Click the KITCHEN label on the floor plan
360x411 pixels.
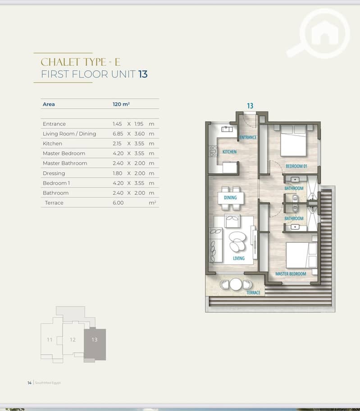(x=229, y=152)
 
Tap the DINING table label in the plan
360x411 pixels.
(x=230, y=198)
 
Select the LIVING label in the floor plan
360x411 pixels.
(x=239, y=258)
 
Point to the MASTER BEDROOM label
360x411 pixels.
(x=291, y=274)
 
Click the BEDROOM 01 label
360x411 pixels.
(x=296, y=166)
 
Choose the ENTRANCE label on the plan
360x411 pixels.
(x=248, y=137)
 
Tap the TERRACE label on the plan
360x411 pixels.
(x=253, y=292)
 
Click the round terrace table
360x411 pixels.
(x=236, y=284)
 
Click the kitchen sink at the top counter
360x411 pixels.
(x=227, y=129)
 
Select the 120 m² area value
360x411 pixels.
(x=121, y=104)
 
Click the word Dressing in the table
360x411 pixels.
(x=54, y=173)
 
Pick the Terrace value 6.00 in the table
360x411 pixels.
(x=118, y=203)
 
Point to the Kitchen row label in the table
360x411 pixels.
(x=52, y=143)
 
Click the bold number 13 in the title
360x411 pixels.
(x=143, y=74)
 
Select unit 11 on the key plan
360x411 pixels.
(x=50, y=340)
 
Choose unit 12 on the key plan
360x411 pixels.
(x=73, y=340)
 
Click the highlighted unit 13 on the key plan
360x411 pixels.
(x=95, y=340)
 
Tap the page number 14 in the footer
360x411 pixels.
(x=29, y=383)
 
